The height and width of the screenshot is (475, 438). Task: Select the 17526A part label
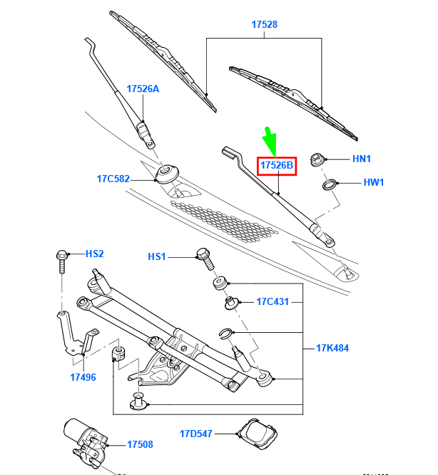(143, 89)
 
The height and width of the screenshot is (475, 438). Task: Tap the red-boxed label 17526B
(276, 166)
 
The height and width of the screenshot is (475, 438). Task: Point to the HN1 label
(362, 159)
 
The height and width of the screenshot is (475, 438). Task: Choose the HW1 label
(373, 182)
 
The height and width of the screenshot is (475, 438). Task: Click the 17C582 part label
(113, 179)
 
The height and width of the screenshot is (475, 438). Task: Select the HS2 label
(95, 254)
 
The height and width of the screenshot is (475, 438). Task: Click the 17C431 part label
(273, 302)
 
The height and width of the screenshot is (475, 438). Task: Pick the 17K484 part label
(333, 349)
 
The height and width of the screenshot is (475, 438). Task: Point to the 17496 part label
(83, 377)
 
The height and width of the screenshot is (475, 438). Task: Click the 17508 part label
(140, 444)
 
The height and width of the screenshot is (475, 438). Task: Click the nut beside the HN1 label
(318, 159)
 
